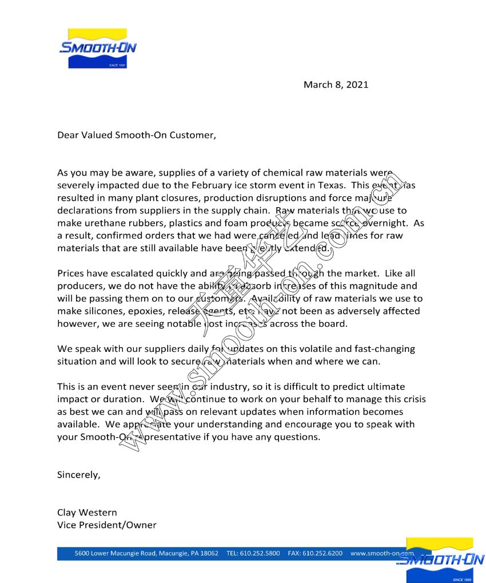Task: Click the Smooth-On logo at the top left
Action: tap(97, 48)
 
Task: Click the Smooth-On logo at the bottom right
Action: tap(440, 560)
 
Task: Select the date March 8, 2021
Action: tap(336, 85)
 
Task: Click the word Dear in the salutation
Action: tap(67, 135)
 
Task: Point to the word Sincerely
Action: tap(78, 475)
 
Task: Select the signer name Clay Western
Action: tap(87, 512)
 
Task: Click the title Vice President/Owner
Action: tap(106, 525)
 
